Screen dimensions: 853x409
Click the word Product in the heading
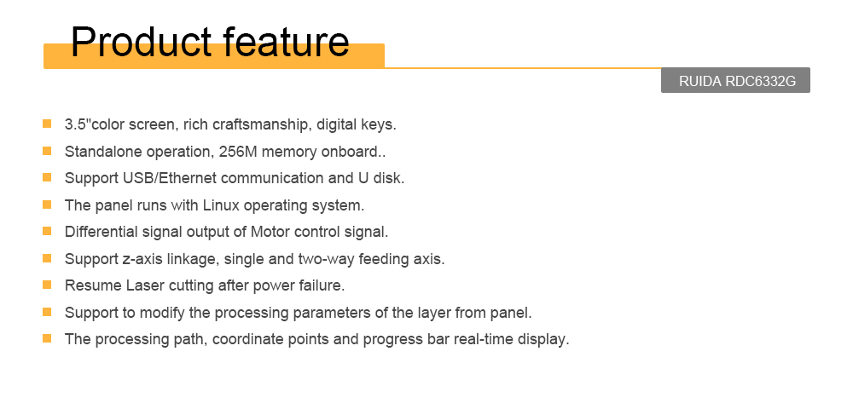point(141,42)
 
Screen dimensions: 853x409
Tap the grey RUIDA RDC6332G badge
point(735,80)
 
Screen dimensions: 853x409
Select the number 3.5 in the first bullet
point(76,124)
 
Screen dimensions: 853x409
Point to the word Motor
point(270,232)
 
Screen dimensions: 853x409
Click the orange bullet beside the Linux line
point(47,204)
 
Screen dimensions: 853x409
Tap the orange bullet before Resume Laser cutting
point(47,285)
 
